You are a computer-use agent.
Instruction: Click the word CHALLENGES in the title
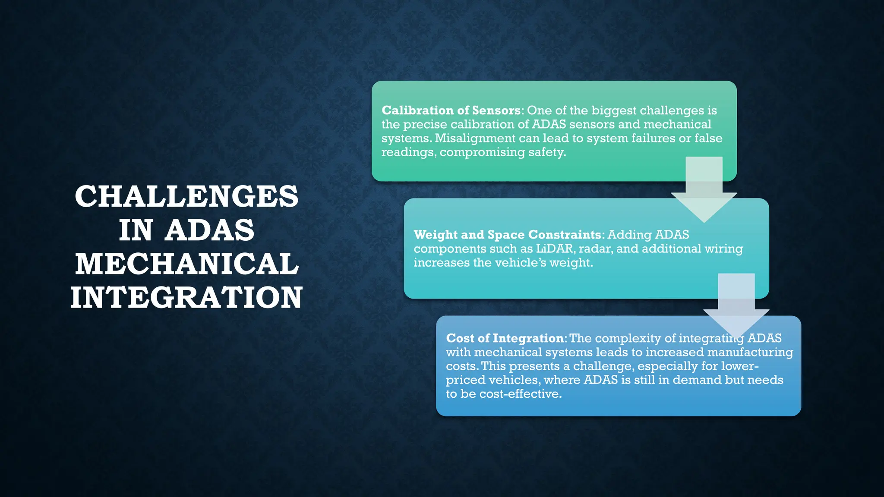tap(186, 196)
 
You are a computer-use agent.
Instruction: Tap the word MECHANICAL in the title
tap(186, 264)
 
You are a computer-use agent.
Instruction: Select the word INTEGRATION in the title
tap(186, 297)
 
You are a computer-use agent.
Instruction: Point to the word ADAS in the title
tap(210, 230)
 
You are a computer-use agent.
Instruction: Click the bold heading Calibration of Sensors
tap(451, 110)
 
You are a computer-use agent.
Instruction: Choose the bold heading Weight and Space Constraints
tap(507, 235)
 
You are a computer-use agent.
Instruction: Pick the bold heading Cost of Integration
tap(505, 338)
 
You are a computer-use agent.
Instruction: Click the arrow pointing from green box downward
tap(704, 190)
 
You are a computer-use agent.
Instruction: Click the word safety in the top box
tap(550, 152)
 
